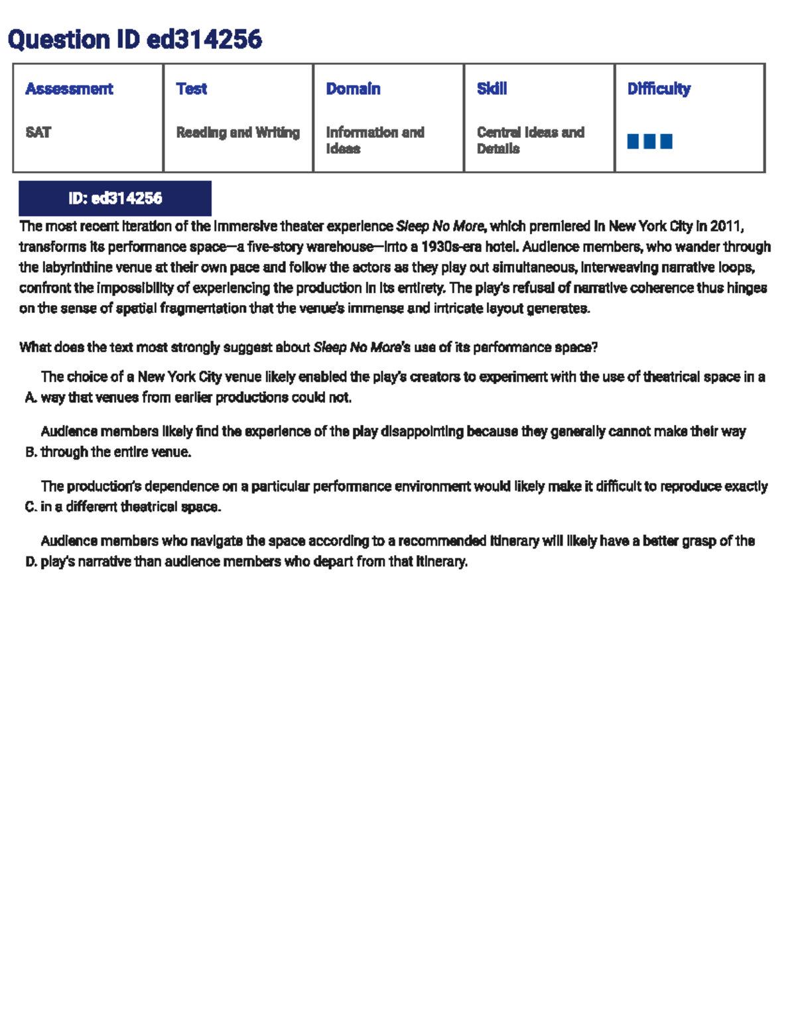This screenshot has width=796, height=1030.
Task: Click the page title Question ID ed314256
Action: (135, 40)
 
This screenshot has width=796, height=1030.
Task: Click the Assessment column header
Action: (69, 89)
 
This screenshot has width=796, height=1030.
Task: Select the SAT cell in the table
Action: (38, 133)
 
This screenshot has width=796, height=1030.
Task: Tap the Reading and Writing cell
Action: (237, 133)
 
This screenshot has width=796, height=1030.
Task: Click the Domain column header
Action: (353, 89)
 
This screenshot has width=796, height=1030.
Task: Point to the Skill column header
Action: (492, 89)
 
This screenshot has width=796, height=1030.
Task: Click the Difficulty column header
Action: (659, 89)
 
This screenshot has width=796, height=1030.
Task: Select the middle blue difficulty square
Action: (649, 141)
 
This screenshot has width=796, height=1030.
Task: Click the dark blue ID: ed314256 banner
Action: (115, 198)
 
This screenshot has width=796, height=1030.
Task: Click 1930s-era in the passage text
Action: (448, 247)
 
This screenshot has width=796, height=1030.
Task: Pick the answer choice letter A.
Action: (31, 398)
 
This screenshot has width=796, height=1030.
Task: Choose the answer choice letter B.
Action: (31, 452)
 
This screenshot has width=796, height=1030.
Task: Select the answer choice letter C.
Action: (31, 507)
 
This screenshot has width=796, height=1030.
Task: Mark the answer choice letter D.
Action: (31, 562)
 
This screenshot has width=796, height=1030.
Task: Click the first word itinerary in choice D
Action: (514, 541)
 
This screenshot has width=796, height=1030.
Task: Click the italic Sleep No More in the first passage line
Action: (440, 226)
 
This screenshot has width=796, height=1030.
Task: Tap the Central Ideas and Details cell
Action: (530, 141)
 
